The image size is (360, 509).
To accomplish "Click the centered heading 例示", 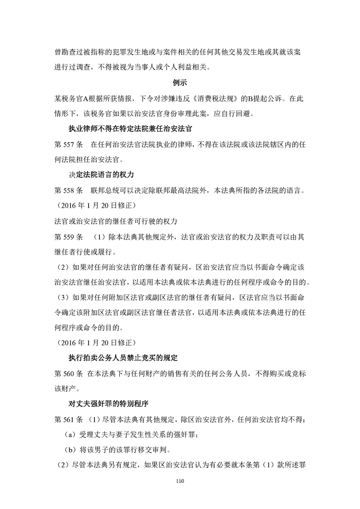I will tap(180, 83).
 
